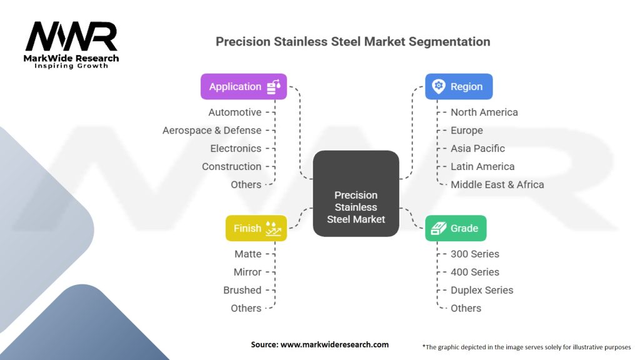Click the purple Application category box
click(x=244, y=87)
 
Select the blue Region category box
click(x=459, y=87)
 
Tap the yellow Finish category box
click(x=256, y=228)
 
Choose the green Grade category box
click(x=456, y=228)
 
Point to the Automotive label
click(x=235, y=112)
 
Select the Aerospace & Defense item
click(x=212, y=131)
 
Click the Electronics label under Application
click(x=236, y=149)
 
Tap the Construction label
click(x=231, y=167)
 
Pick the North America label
click(x=484, y=112)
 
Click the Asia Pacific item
click(x=477, y=149)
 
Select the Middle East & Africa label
click(x=497, y=185)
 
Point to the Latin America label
click(x=482, y=167)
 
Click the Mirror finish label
click(x=247, y=272)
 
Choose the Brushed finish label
click(x=242, y=291)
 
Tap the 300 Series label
click(x=475, y=254)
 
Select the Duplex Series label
click(x=482, y=291)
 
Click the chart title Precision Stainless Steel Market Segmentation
click(x=352, y=42)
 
